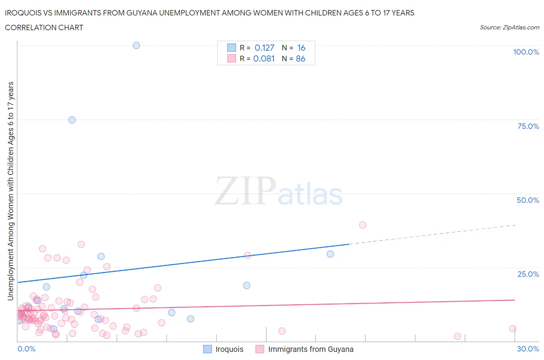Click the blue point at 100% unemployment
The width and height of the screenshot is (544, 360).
pyautogui.click(x=136, y=45)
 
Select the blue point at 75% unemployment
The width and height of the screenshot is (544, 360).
pyautogui.click(x=72, y=120)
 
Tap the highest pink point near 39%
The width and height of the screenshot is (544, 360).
pyautogui.click(x=363, y=225)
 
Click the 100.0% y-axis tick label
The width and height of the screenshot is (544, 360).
pyautogui.click(x=526, y=52)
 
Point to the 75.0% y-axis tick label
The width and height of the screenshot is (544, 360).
pyautogui.click(x=528, y=126)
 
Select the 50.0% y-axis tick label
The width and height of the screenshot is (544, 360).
pyautogui.click(x=528, y=200)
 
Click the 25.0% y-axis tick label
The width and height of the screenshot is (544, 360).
pyautogui.click(x=528, y=274)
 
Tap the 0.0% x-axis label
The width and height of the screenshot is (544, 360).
pyautogui.click(x=26, y=349)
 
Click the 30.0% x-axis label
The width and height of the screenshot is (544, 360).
pyautogui.click(x=528, y=349)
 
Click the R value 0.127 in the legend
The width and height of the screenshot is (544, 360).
pyautogui.click(x=264, y=48)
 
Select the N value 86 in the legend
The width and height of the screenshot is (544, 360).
pyautogui.click(x=301, y=58)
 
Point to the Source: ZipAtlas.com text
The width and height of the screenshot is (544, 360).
pyautogui.click(x=509, y=27)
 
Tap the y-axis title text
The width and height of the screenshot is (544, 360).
pyautogui.click(x=10, y=191)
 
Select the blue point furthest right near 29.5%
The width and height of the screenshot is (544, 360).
pyautogui.click(x=330, y=254)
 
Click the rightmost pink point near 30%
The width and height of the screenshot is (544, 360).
pyautogui.click(x=512, y=329)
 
